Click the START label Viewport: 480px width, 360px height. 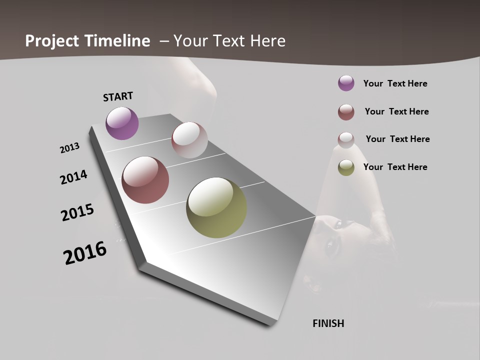118,96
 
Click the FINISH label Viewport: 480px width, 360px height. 328,323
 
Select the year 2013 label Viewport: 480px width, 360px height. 69,148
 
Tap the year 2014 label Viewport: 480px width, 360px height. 73,177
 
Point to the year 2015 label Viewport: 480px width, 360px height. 77,212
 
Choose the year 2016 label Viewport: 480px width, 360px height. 85,253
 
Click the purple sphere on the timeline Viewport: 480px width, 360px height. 122,123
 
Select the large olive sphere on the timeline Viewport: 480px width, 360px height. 216,207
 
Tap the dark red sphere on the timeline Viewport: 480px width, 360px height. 145,180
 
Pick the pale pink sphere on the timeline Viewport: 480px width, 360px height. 189,140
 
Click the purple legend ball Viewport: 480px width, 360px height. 346,83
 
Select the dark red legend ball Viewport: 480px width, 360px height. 346,112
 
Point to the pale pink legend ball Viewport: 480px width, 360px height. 346,139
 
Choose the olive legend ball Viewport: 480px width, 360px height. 346,167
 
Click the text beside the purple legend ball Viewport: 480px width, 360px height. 395,83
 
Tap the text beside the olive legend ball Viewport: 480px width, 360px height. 395,167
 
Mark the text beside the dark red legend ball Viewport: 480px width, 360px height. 396,111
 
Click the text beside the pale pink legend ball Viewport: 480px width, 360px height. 397,139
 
